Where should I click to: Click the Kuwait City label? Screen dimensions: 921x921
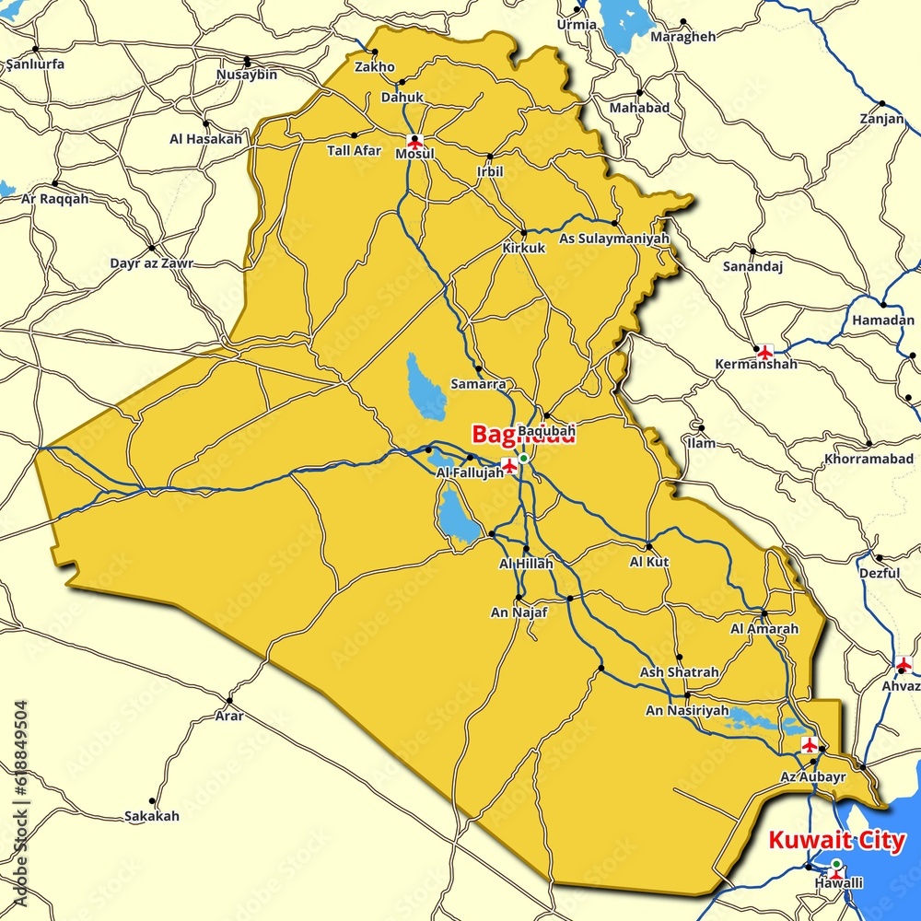836,841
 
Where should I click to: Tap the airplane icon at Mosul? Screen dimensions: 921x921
414,142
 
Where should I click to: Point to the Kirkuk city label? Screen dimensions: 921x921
524,249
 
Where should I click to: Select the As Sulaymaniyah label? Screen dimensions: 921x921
614,239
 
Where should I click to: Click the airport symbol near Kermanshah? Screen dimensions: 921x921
764,351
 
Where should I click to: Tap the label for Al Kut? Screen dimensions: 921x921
649,562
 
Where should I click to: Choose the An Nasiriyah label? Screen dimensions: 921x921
687,711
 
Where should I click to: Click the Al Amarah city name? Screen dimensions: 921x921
764,629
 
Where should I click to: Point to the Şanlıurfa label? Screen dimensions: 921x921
35,64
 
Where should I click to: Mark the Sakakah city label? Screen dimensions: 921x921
152,816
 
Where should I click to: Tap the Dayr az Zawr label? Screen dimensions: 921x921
152,263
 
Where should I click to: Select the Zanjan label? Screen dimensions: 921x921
881,119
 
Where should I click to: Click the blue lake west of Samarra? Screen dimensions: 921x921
426,387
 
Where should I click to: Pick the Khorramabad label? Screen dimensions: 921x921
869,459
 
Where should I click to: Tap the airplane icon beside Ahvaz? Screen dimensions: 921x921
904,665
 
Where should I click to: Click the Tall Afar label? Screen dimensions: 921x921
354,150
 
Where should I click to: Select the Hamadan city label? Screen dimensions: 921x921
883,321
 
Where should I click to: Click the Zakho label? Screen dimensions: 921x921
375,67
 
